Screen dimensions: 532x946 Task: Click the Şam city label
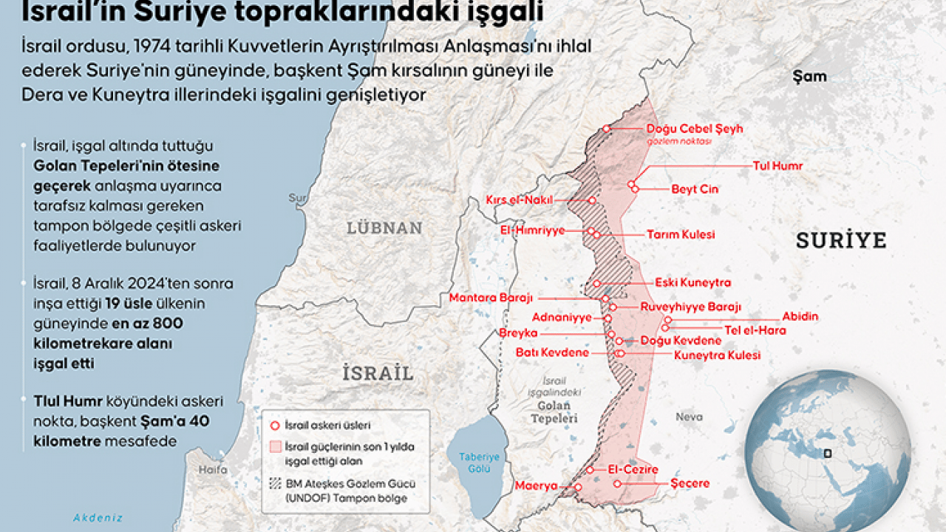click(x=809, y=76)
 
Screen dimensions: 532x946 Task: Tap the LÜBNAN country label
click(x=384, y=228)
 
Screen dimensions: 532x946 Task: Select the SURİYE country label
click(x=840, y=240)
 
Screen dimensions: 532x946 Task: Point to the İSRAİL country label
click(x=377, y=373)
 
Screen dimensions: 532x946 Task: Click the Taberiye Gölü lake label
click(x=479, y=463)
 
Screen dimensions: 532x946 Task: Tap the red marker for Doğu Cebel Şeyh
click(x=607, y=129)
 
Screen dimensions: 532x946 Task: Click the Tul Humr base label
click(x=777, y=166)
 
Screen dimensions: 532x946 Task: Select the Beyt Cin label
click(x=695, y=189)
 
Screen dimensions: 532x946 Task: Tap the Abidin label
click(x=800, y=317)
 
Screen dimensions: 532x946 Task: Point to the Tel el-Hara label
click(x=755, y=330)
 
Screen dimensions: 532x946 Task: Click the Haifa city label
click(x=213, y=470)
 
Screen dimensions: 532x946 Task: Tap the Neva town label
click(x=689, y=417)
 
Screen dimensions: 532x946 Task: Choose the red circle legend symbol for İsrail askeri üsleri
click(x=275, y=426)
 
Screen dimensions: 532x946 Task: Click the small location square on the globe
click(x=827, y=454)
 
